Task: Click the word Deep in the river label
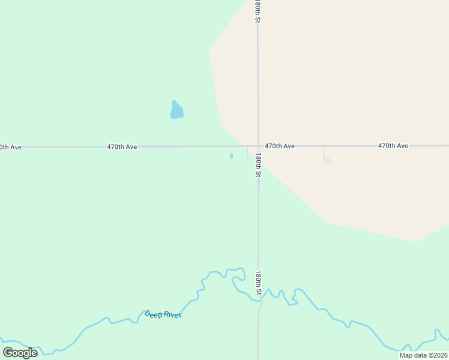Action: click(x=154, y=313)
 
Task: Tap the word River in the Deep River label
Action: click(x=171, y=315)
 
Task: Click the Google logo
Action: click(x=20, y=352)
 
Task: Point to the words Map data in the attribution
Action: click(x=413, y=355)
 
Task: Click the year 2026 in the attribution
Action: click(x=439, y=355)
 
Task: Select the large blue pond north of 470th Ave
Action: click(x=176, y=110)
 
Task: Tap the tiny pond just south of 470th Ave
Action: click(x=231, y=156)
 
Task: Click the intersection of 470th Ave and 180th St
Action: click(x=258, y=146)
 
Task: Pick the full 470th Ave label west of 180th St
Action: click(x=122, y=146)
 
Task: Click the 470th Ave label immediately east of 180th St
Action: click(x=280, y=146)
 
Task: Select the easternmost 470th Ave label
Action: click(x=393, y=146)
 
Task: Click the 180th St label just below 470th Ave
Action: click(x=258, y=164)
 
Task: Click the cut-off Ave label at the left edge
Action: click(x=10, y=147)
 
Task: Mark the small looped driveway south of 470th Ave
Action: click(x=326, y=158)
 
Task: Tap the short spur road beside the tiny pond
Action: click(x=247, y=152)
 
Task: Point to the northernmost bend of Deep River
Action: click(x=240, y=268)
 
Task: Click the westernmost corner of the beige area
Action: click(x=209, y=50)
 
